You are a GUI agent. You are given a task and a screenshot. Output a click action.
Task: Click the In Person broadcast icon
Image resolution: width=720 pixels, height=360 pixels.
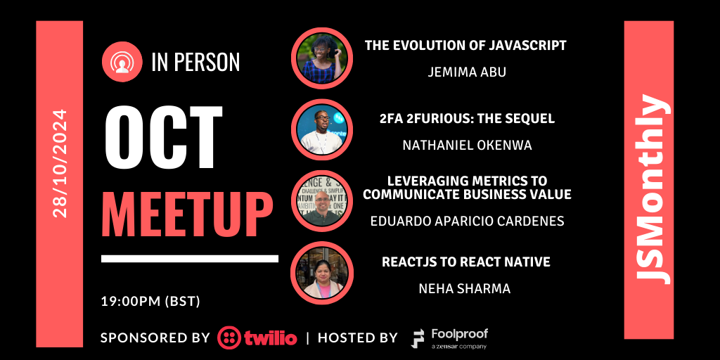123,63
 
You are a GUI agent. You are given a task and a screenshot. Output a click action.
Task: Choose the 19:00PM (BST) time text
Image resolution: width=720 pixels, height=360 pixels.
150,302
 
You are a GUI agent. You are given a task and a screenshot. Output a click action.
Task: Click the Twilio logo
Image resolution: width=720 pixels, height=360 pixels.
257,337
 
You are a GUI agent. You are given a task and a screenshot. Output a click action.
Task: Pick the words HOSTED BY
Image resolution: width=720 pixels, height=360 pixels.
357,337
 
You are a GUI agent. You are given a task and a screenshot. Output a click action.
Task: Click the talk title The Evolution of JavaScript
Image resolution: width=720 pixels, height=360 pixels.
465,46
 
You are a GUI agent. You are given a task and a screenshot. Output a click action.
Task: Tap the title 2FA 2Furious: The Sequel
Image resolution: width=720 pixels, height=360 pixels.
465,119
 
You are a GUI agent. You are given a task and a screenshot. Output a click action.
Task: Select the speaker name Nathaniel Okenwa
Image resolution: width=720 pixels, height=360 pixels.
465,145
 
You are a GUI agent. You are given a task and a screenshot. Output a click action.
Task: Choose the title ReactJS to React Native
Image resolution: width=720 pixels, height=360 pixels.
465,262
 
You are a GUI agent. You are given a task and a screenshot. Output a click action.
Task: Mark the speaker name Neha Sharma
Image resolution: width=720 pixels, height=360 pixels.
465,288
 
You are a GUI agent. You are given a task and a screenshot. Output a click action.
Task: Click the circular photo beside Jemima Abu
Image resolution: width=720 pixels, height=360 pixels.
322,58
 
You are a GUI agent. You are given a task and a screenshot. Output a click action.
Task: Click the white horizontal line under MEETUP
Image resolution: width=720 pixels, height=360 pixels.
190,259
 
